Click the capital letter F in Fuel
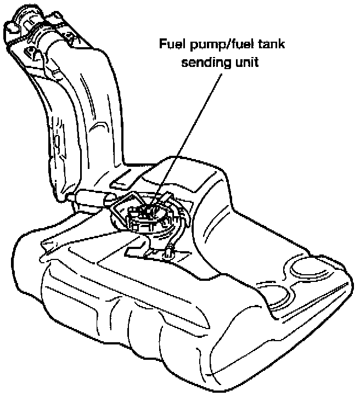pyautogui.click(x=162, y=43)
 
